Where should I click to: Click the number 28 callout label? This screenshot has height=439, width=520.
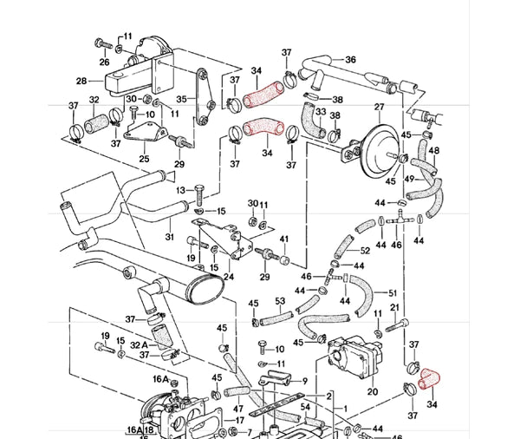81,81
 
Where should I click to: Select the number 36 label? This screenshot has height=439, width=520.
351,60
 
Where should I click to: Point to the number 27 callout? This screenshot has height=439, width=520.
379,108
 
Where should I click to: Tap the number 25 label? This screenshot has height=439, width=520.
144,159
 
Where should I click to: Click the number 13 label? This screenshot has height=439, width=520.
181,190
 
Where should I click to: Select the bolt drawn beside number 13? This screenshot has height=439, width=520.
198,190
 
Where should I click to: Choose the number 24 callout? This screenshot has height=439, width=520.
229,278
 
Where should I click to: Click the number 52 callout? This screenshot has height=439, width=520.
365,251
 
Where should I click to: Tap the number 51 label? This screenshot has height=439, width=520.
392,292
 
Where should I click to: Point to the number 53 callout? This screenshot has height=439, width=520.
280,301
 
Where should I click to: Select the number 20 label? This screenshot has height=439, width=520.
373,391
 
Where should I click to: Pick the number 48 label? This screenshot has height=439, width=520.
434,151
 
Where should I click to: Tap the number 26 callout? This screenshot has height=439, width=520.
104,62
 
